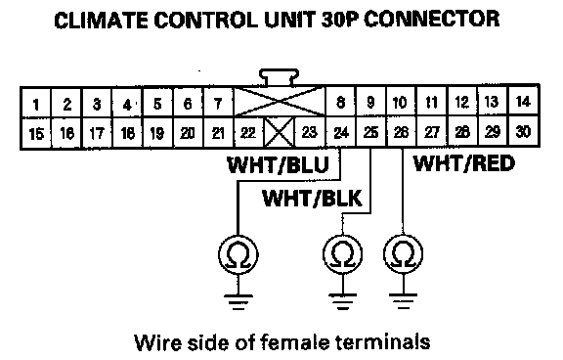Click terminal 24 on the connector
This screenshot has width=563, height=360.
[341, 132]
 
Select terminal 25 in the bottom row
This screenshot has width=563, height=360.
[370, 132]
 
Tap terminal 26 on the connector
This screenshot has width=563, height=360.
[402, 132]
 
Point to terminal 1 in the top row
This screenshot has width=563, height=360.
[36, 103]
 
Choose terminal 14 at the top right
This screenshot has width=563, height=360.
[523, 102]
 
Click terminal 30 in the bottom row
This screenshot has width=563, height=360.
[523, 131]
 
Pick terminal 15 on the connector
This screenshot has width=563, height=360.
[36, 133]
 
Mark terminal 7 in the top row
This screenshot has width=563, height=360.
[218, 103]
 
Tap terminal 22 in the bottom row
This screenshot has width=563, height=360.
[248, 133]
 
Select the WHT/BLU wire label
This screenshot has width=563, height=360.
[279, 165]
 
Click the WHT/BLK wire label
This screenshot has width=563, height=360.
[313, 199]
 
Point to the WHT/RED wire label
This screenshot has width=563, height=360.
[464, 163]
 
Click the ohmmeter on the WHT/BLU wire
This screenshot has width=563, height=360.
[238, 254]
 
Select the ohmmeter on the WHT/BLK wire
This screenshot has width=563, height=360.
[342, 254]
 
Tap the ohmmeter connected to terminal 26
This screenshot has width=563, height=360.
[404, 253]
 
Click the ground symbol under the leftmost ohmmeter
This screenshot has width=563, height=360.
[238, 302]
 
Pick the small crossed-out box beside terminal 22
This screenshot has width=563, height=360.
[279, 132]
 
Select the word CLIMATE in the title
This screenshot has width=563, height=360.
[101, 20]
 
